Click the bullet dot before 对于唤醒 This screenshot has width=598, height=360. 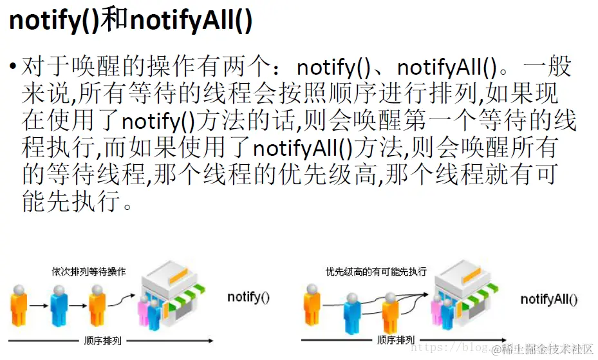tap(13, 67)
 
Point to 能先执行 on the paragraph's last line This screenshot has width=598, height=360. tap(68, 202)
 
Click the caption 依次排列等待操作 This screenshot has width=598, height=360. tap(89, 272)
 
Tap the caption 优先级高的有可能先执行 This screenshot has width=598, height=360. tap(376, 272)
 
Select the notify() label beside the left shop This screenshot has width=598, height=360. tap(248, 297)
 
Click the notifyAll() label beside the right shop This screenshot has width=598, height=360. tap(549, 299)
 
